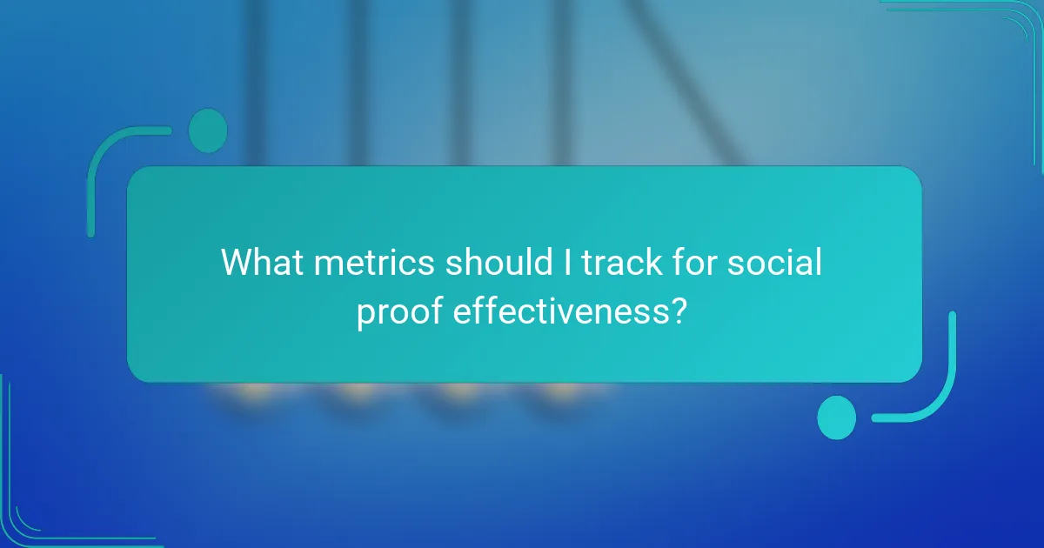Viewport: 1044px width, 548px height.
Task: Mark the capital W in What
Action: (237, 263)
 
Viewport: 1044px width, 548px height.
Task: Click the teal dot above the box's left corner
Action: (207, 130)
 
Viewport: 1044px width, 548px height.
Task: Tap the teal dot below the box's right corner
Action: (836, 417)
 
